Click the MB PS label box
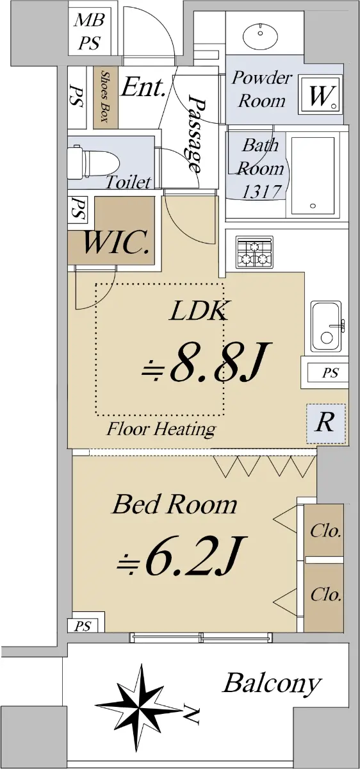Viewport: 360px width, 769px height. point(89,31)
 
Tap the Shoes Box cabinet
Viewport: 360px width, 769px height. point(105,97)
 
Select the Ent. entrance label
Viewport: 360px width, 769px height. point(143,87)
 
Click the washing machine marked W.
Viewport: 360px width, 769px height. point(320,95)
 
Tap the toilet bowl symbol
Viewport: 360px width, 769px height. point(94,162)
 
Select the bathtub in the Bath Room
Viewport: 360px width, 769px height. point(313,176)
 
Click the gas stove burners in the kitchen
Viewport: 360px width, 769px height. point(254,252)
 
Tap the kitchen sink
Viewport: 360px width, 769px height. point(326,326)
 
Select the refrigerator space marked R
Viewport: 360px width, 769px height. point(325,424)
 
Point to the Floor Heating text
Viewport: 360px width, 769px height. point(161,429)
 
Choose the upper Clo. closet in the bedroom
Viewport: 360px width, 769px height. point(324,530)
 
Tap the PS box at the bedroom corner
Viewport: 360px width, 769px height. point(83,626)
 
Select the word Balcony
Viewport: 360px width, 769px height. point(272,684)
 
